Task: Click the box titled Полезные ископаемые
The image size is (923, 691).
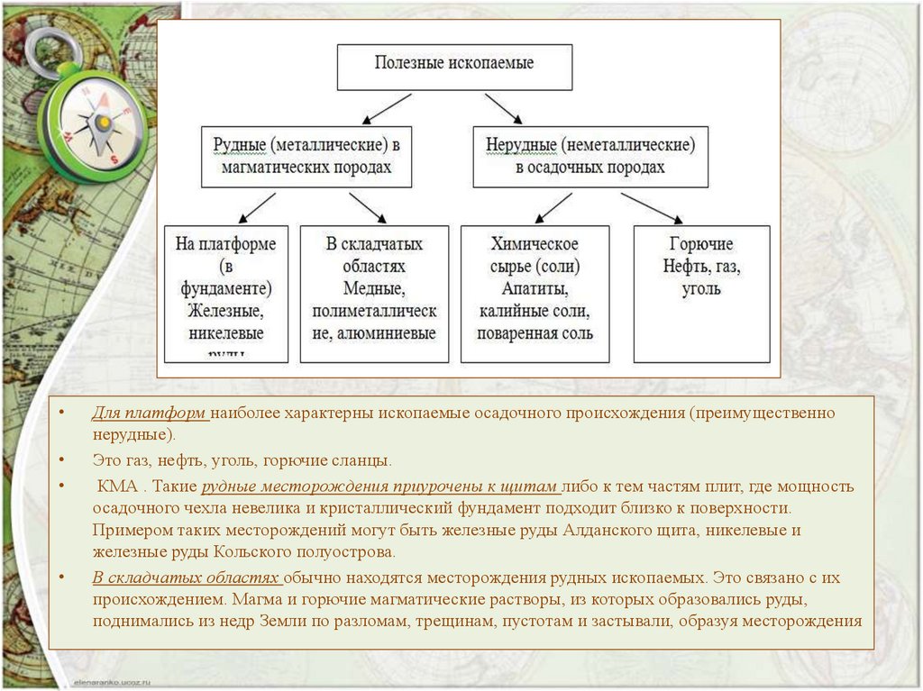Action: (x=454, y=66)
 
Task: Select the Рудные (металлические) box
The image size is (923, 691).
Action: (x=306, y=157)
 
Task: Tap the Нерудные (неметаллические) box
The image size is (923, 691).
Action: (x=590, y=157)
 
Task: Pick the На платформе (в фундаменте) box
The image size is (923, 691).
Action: (x=226, y=293)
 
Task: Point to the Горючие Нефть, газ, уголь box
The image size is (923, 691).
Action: (x=701, y=293)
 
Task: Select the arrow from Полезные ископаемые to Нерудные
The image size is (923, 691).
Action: (x=503, y=107)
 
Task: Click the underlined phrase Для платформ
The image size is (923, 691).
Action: (x=149, y=413)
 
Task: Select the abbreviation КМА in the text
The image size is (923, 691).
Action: (x=117, y=486)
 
